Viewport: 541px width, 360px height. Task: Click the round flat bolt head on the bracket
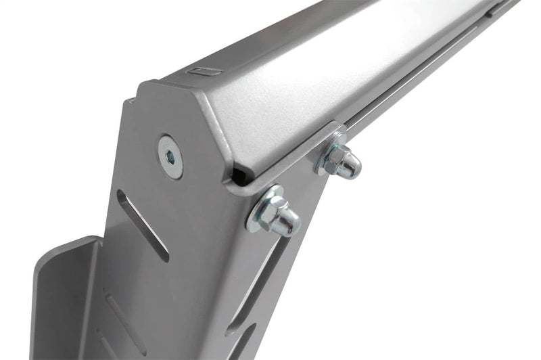(170, 156)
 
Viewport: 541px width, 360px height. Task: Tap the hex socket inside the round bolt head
(170, 157)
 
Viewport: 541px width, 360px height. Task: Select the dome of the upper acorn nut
(350, 166)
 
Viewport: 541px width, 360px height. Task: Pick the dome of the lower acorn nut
(289, 221)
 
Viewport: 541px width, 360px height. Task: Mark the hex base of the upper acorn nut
(336, 160)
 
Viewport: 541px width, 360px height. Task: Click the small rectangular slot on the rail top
(203, 70)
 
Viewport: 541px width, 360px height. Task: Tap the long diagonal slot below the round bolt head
(142, 225)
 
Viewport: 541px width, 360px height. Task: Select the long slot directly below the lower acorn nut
(257, 284)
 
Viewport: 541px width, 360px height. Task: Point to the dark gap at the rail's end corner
(239, 177)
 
